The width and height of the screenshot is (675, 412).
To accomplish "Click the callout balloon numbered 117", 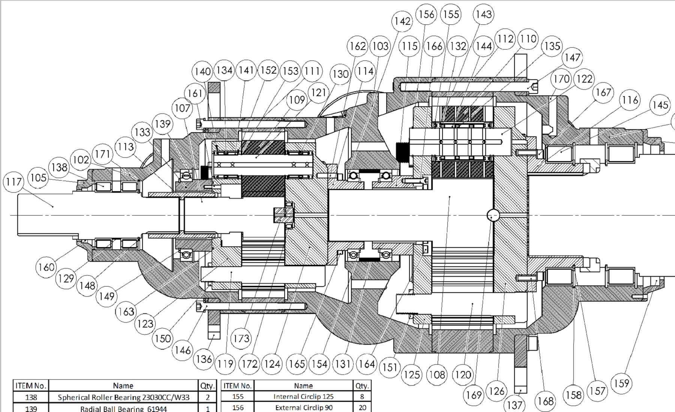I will tap(14, 182).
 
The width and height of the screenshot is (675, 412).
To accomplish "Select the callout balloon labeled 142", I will tap(402, 21).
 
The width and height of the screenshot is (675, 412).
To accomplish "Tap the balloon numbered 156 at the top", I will tap(426, 15).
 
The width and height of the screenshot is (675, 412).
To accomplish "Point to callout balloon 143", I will tap(483, 15).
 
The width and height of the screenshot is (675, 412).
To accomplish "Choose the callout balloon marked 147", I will tap(573, 57).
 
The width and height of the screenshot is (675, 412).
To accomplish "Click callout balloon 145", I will tap(660, 105).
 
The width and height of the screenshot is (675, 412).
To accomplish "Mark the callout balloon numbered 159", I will tap(621, 383).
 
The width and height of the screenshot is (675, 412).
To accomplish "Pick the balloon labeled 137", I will tap(514, 405).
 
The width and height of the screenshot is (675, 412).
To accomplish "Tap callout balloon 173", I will tap(241, 338).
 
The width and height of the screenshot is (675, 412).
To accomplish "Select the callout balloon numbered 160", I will tap(46, 267).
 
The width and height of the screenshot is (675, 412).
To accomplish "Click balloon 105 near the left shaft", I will tap(38, 178).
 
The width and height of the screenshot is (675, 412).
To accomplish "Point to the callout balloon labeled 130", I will tap(340, 74).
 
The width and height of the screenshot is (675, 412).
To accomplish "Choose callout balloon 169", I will tap(474, 395).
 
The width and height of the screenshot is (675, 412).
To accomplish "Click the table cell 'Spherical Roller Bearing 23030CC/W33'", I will tap(123, 397).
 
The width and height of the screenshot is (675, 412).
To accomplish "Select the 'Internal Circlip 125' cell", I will tap(303, 397).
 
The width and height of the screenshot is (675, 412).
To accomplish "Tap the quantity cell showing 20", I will tap(362, 407).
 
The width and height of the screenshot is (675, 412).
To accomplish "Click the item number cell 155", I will tap(238, 397).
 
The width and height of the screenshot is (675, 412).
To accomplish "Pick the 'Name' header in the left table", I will tap(123, 386).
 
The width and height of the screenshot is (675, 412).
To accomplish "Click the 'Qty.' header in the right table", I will tap(362, 386).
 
